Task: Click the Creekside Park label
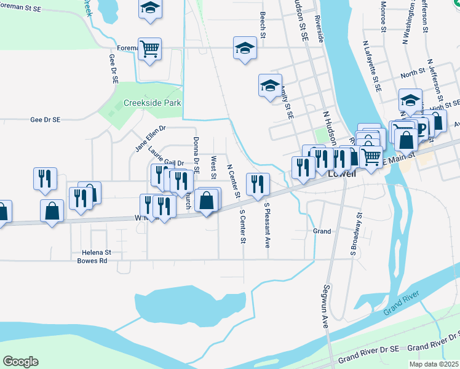click(153, 103)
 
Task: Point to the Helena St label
click(96, 252)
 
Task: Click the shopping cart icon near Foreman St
click(150, 48)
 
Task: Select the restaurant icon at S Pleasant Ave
click(258, 183)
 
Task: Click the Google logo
click(20, 361)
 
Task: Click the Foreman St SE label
click(22, 7)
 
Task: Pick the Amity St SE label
click(287, 102)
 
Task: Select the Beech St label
click(263, 25)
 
